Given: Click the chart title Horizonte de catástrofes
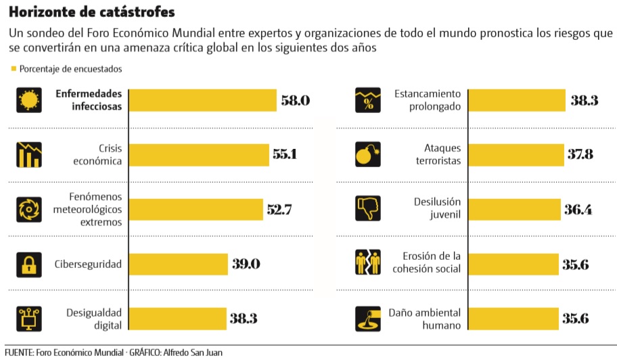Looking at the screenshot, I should tap(91, 13).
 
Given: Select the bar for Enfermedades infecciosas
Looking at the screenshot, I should tap(202, 100).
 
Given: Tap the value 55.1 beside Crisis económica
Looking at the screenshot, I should tap(285, 154).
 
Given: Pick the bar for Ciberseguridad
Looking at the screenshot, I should tap(178, 264).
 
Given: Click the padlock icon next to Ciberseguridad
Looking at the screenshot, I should tap(29, 264).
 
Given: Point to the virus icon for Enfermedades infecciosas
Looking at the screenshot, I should tap(29, 101).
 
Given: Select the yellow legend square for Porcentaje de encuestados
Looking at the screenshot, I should tap(14, 68).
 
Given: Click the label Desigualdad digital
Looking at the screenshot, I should tap(93, 318).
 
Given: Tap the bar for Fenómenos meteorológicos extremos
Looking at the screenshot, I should tap(195, 209).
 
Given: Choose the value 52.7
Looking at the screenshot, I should tap(279, 209).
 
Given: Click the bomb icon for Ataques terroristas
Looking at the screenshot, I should tap(369, 155).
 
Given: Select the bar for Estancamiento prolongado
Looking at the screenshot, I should tap(516, 100).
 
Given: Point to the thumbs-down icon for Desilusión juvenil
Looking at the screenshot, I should tap(369, 209).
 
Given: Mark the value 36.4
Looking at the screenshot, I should tap(578, 209).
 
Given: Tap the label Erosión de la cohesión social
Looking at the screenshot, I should tap(426, 263).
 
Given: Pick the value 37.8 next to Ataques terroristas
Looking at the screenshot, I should tap(580, 154).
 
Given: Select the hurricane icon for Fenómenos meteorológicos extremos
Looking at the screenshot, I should tap(29, 209).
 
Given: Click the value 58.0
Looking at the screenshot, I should tap(295, 100).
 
